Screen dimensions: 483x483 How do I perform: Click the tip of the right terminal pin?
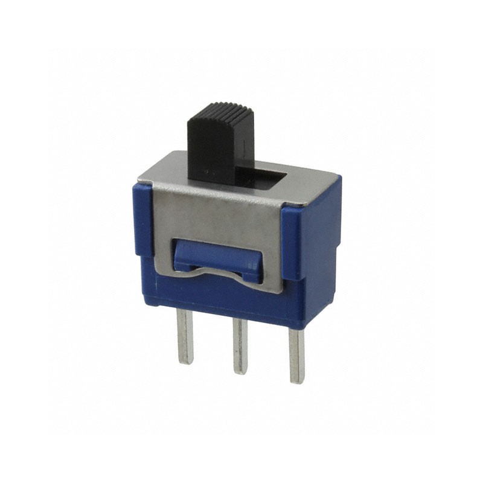[296, 380]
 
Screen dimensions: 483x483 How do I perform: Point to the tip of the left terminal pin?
[185, 361]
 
